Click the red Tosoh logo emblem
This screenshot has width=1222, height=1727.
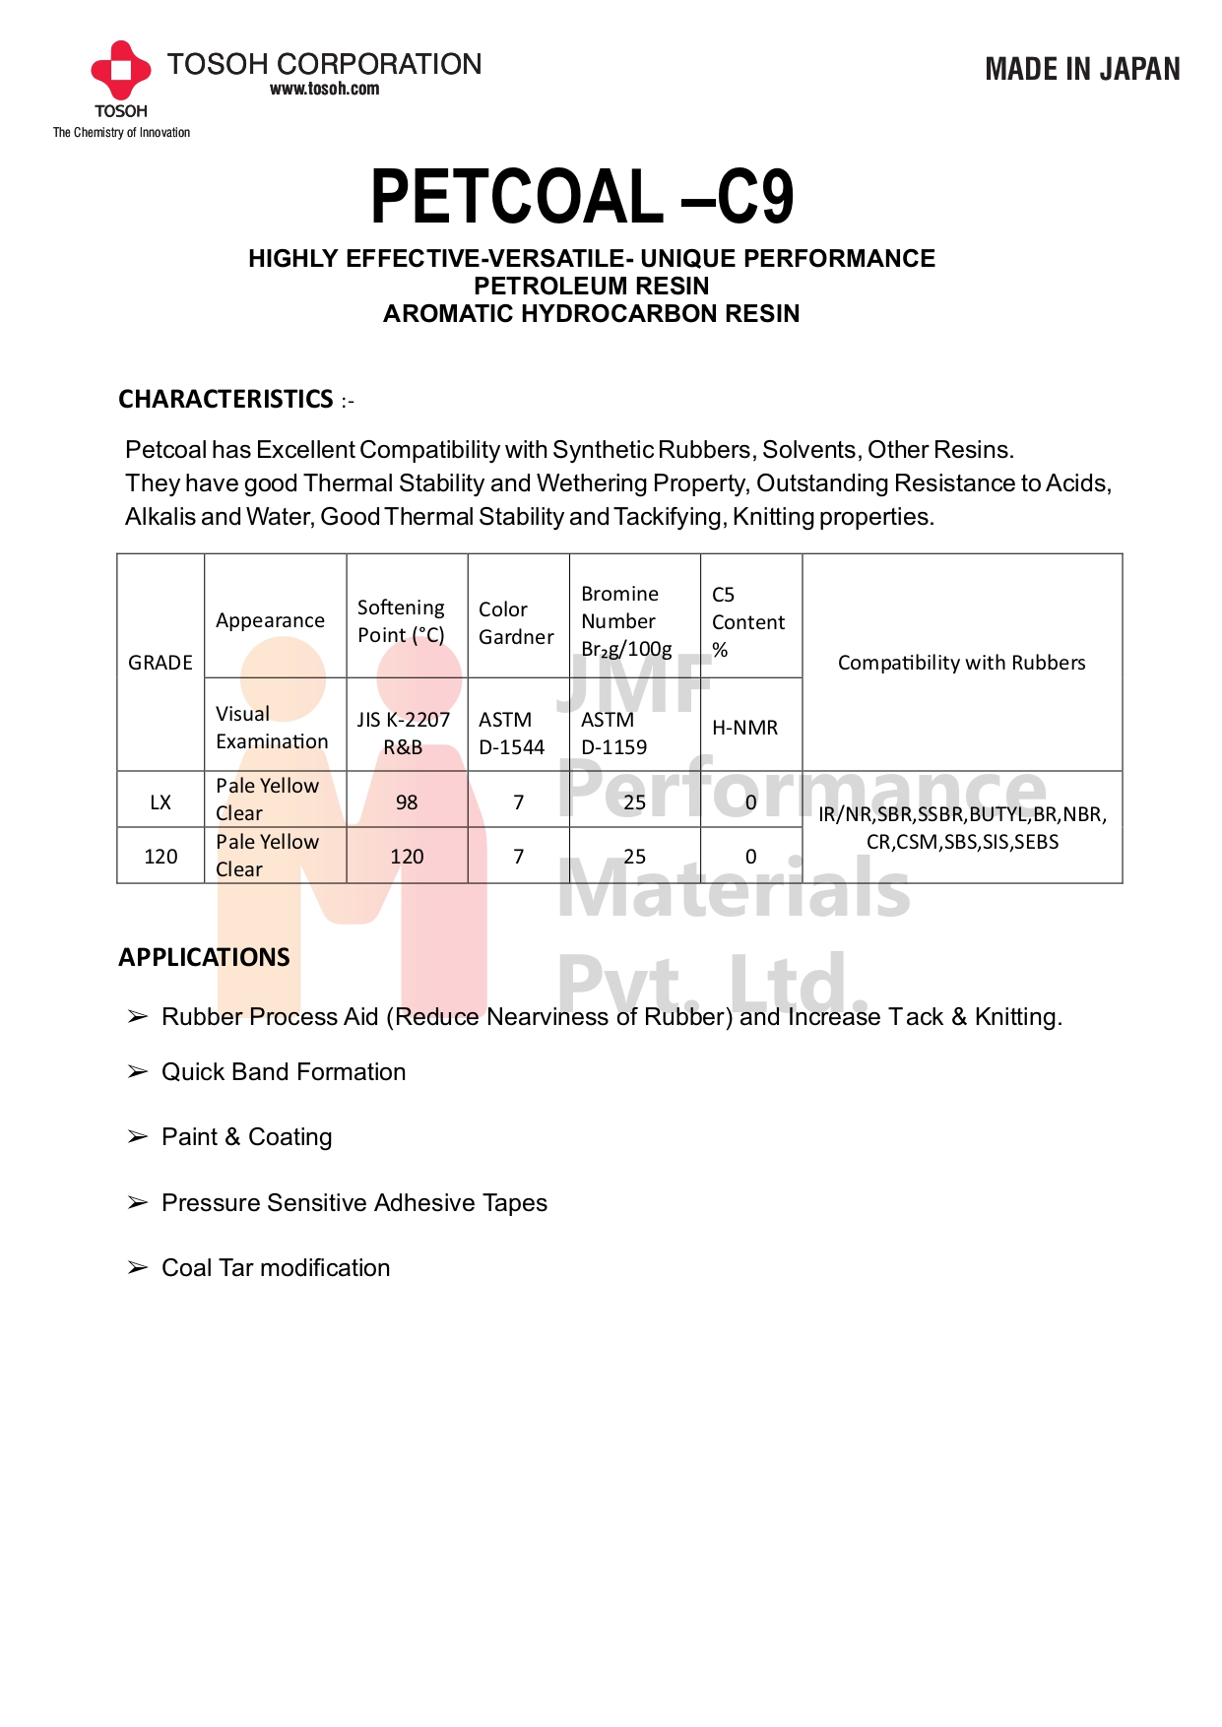click(120, 70)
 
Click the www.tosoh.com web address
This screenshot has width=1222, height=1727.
click(324, 89)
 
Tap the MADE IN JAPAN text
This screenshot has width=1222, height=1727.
click(1082, 69)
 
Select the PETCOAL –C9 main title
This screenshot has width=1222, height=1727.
click(582, 197)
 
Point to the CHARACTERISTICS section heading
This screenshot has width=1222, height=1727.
click(225, 399)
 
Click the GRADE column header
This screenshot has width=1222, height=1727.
click(161, 663)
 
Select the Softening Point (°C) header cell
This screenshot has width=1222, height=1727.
click(402, 621)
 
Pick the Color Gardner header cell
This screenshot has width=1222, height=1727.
click(516, 623)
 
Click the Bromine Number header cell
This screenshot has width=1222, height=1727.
click(627, 621)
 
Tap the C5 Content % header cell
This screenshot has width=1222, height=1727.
click(748, 622)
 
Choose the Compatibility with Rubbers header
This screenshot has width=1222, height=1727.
click(961, 663)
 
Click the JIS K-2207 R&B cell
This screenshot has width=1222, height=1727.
click(404, 734)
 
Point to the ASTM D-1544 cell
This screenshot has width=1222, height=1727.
click(512, 734)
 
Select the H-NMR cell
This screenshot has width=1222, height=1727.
click(745, 728)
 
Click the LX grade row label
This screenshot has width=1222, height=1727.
click(161, 802)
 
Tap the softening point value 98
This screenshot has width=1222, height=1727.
click(407, 802)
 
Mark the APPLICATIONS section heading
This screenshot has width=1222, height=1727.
click(204, 957)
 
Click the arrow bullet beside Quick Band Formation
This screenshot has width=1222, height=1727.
click(137, 1071)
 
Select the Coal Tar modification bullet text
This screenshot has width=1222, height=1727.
click(276, 1268)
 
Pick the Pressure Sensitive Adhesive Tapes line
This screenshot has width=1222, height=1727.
click(354, 1203)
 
